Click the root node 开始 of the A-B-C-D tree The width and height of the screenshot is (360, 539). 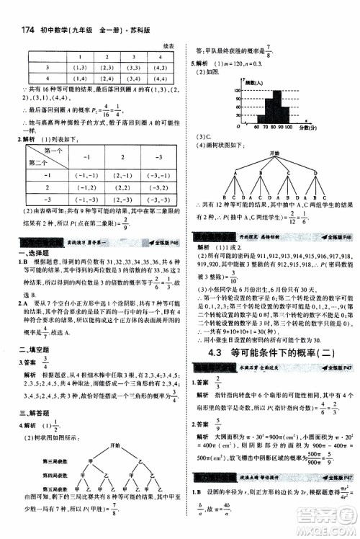(272, 153)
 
